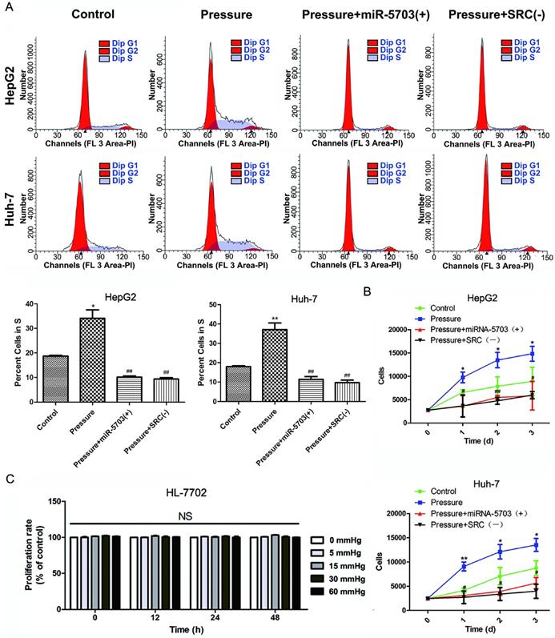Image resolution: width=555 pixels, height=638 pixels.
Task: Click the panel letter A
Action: (x=6, y=7)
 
